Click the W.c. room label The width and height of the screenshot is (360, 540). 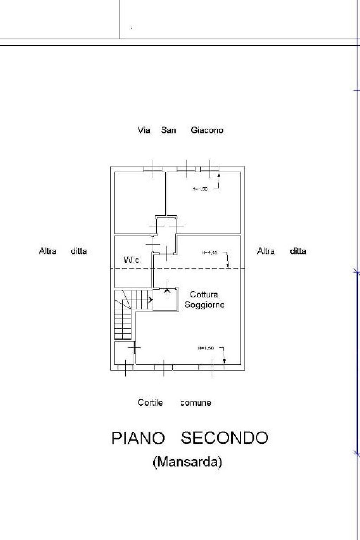point(133,260)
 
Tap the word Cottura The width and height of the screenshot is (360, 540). point(204,295)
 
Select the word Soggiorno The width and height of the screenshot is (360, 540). point(205,305)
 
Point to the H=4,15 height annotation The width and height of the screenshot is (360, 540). point(210,252)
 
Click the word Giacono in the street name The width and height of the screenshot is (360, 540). point(207,130)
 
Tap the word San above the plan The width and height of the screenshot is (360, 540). point(168,130)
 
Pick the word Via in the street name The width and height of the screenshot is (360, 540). point(144,130)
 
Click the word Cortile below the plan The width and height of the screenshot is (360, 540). point(150,403)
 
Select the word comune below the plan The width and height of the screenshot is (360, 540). point(195,403)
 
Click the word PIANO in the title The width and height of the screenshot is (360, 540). point(138,438)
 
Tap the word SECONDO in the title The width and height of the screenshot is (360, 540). point(224,438)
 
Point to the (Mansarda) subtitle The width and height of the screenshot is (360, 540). point(187,461)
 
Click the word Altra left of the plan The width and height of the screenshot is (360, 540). point(47,251)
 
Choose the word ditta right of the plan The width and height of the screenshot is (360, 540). point(298,251)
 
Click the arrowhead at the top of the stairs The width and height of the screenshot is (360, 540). point(151,300)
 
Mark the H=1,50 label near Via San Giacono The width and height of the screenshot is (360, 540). point(200,189)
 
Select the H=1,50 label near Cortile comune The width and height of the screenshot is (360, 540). point(206,348)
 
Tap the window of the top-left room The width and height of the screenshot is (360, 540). point(153,169)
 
